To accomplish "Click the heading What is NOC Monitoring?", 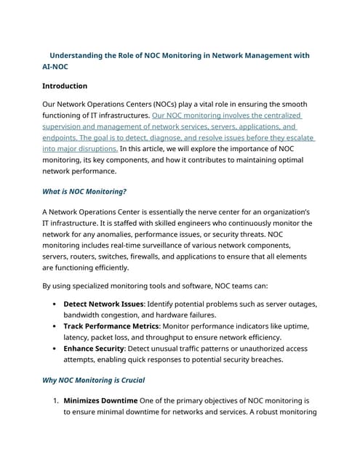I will click(x=84, y=192).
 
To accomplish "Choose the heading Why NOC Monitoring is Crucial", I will click(x=94, y=380).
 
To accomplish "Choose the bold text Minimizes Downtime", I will click(x=100, y=400).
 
